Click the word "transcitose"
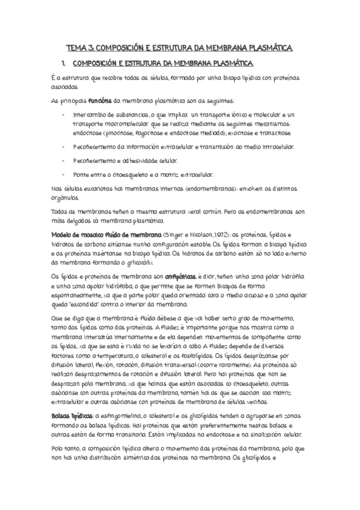tap(275, 133)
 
